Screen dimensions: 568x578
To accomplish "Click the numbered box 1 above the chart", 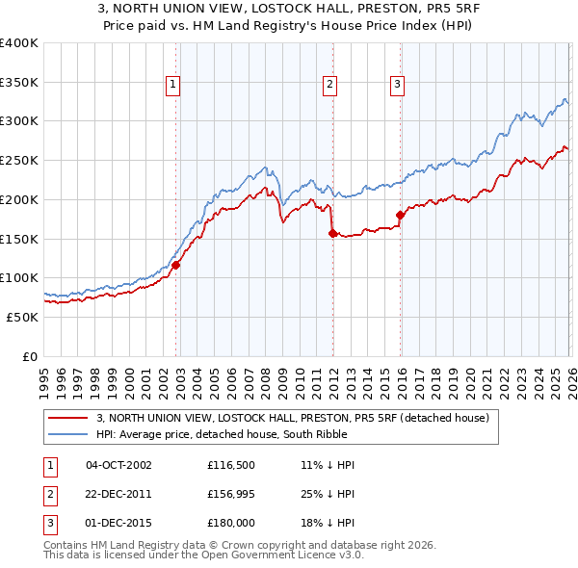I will (x=172, y=85).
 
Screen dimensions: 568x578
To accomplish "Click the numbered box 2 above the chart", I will (x=329, y=85).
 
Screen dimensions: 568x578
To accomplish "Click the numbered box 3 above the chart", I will (x=396, y=85).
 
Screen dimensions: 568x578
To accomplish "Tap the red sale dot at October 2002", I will (x=176, y=265).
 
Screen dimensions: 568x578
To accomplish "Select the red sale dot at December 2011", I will (x=332, y=233).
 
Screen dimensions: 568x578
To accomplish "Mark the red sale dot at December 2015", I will (x=400, y=215).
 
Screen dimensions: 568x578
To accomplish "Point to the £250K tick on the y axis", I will (x=19, y=160).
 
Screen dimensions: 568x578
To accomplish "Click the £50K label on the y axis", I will (x=22, y=317).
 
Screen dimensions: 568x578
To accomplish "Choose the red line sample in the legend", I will (x=69, y=418).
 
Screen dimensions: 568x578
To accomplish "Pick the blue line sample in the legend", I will (x=69, y=434).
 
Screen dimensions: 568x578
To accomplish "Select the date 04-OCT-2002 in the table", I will (x=118, y=465).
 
